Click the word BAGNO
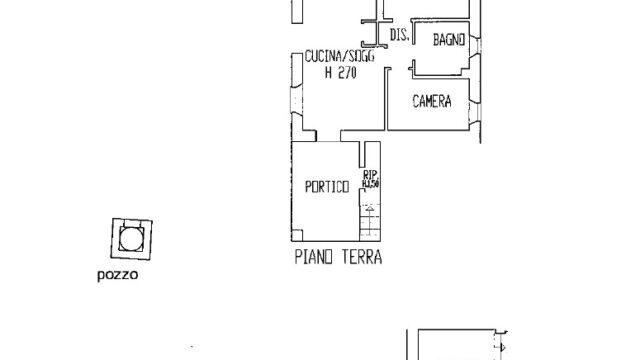click(449, 40)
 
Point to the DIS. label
click(398, 35)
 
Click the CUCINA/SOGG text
click(333, 60)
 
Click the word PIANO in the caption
click(314, 256)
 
